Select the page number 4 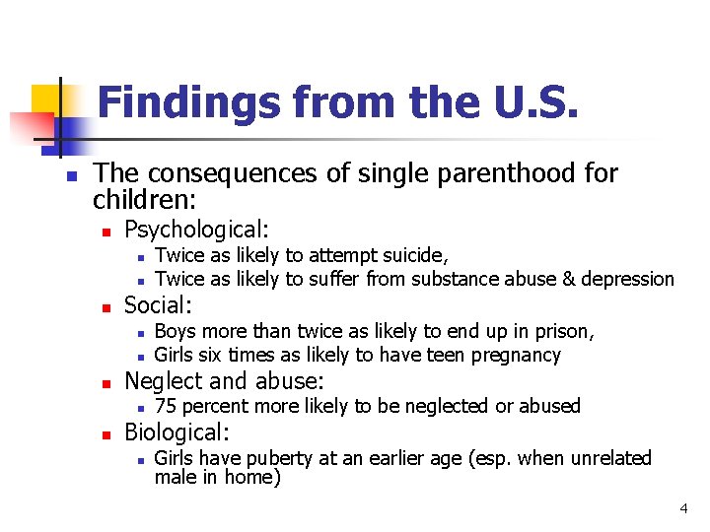[682, 508]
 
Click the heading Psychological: [196, 230]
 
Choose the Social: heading [158, 305]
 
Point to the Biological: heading [177, 432]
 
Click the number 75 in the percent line [167, 406]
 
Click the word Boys [177, 331]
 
